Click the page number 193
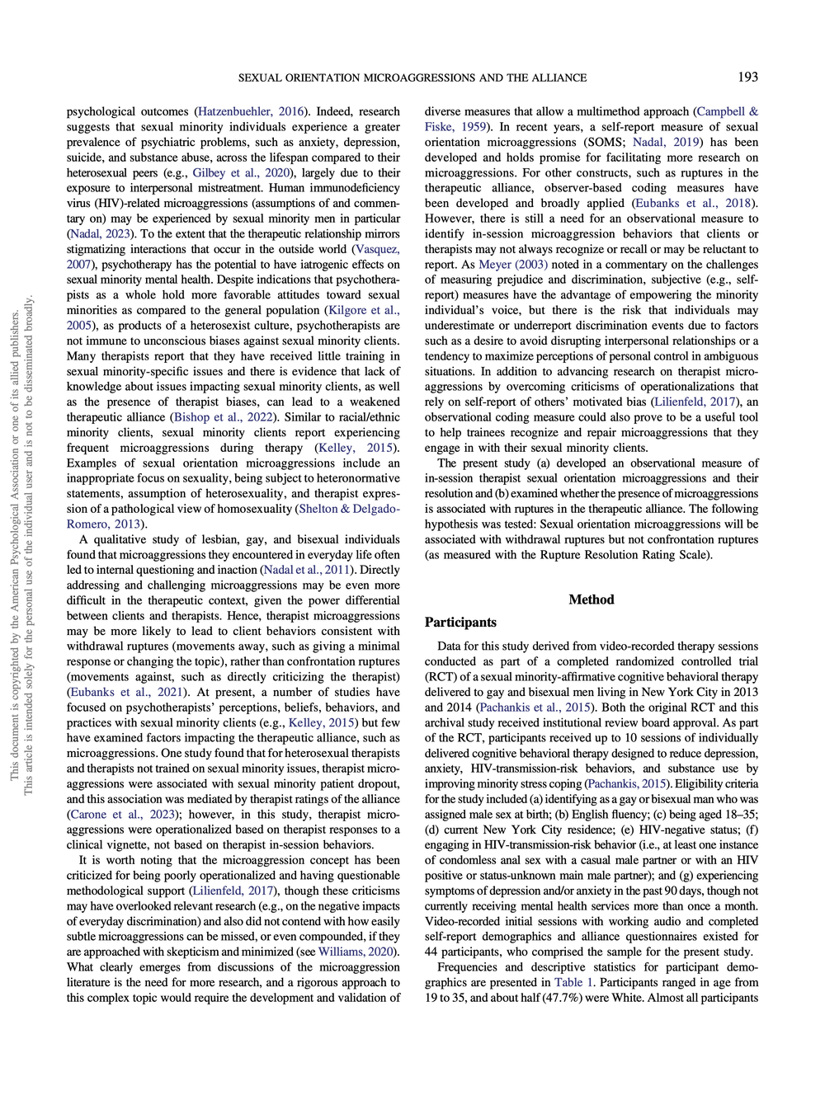click(747, 78)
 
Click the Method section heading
click(592, 599)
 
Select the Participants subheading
click(460, 623)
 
